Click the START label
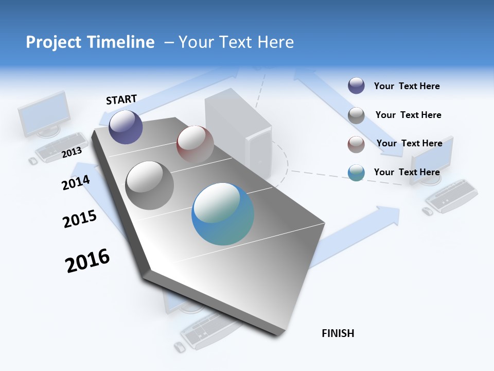[121, 99]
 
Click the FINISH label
[338, 333]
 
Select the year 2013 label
[72, 152]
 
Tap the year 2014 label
[76, 182]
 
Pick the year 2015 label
[80, 219]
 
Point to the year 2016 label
[87, 261]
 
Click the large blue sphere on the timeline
[223, 214]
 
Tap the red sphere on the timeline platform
[195, 144]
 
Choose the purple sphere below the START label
[126, 127]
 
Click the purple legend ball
[356, 86]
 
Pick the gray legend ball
[356, 115]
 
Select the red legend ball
[356, 144]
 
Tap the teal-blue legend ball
[356, 173]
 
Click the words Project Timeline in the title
[90, 42]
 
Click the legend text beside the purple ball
[407, 86]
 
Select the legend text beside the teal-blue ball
[407, 172]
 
